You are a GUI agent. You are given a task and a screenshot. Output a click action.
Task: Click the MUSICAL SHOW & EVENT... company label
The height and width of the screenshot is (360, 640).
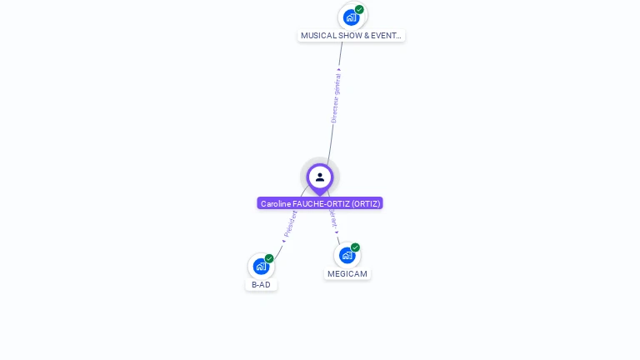tap(351, 36)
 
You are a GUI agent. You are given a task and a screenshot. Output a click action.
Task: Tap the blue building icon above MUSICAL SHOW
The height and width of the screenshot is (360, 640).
tap(352, 17)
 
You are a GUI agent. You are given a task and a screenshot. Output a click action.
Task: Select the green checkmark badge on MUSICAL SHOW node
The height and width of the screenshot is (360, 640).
tap(359, 9)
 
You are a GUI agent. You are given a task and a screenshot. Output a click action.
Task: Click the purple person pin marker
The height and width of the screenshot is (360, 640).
tap(320, 177)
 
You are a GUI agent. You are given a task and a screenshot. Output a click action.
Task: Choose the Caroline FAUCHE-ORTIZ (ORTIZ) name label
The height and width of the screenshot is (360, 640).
tap(320, 203)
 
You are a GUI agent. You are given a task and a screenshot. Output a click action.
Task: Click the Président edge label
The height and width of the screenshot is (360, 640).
tap(291, 223)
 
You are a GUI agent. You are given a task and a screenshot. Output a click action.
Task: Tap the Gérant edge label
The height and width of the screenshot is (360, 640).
tap(333, 218)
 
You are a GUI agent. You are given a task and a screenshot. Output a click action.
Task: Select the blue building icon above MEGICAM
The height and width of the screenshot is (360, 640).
tap(347, 255)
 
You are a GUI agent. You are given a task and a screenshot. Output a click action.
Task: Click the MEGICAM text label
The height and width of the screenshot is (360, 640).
tap(347, 273)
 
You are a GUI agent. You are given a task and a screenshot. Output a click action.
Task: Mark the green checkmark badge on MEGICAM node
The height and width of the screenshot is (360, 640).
tap(355, 247)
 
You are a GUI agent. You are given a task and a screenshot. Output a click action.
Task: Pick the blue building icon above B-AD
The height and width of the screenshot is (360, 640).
tap(261, 267)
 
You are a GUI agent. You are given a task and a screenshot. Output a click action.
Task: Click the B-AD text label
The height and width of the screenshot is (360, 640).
tap(261, 284)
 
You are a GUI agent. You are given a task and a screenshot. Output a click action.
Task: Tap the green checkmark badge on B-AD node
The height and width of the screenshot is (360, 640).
tap(269, 258)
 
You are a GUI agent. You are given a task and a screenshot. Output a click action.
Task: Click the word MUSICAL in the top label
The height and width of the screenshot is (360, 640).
tap(317, 36)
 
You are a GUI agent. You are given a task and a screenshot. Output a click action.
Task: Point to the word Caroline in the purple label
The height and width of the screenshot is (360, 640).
tap(275, 203)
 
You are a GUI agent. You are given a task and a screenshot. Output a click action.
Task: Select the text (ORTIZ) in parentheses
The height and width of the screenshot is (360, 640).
tap(366, 203)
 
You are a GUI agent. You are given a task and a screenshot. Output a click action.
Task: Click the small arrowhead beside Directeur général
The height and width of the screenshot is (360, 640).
tap(339, 70)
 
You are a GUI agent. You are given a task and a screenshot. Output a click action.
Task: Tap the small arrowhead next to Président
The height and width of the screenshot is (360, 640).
tap(283, 241)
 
